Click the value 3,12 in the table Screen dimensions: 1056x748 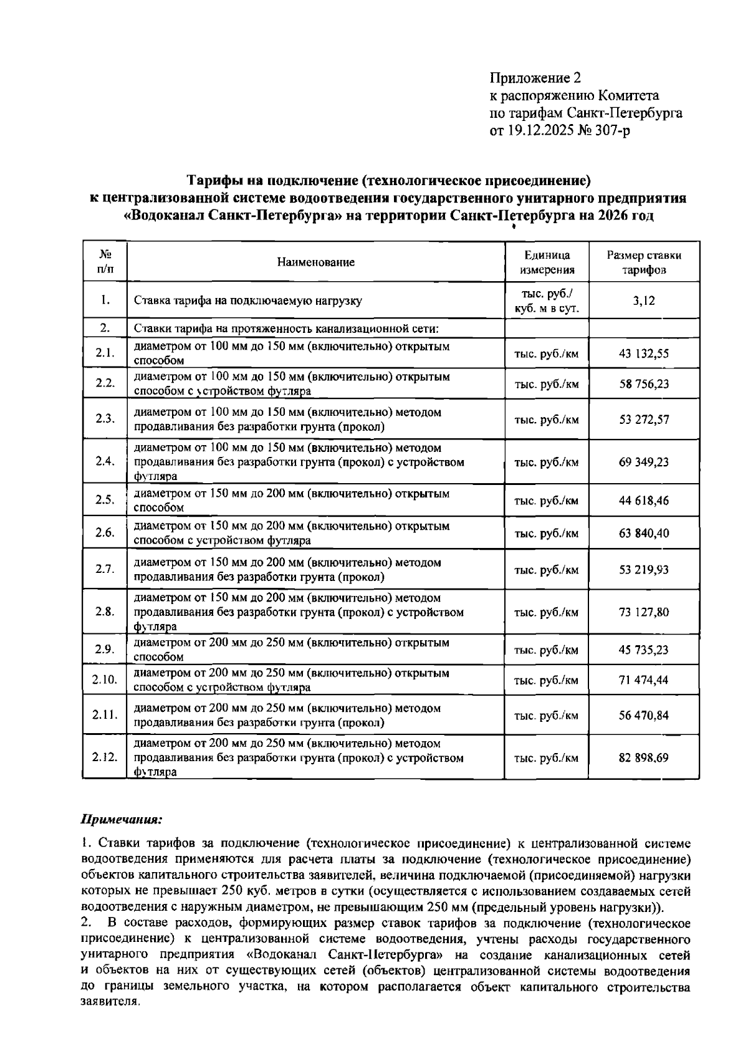click(643, 300)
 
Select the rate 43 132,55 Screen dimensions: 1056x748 click(643, 353)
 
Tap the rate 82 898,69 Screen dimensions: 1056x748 click(643, 757)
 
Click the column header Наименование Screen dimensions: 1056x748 click(315, 262)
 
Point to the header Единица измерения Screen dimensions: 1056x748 click(547, 262)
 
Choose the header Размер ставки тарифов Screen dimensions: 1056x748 click(643, 262)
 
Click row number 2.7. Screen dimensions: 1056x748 click(105, 569)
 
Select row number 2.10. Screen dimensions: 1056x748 click(105, 679)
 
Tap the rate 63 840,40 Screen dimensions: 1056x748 click(643, 533)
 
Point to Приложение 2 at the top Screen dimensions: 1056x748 click(535, 78)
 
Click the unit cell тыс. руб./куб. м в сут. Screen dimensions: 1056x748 click(547, 300)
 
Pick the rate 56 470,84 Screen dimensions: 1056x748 click(643, 715)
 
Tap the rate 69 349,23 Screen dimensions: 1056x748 click(643, 462)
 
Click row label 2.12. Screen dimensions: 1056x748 click(105, 757)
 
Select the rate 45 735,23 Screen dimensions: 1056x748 click(643, 650)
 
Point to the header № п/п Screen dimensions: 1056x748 click(105, 262)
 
